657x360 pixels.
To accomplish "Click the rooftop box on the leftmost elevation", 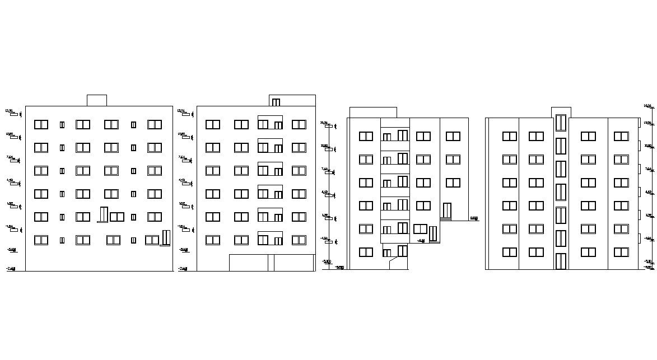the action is [x=96, y=100].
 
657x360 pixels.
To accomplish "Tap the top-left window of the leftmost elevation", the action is [x=41, y=124].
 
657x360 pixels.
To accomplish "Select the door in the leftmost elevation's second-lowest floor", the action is [x=102, y=214].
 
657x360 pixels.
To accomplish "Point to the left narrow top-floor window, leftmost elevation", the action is [x=62, y=125].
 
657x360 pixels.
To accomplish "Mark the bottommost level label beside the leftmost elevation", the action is [x=11, y=269].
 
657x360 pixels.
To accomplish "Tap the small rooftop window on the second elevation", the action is [x=276, y=102].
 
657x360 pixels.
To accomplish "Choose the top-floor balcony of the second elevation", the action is [x=270, y=122].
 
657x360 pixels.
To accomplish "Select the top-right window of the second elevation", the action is [x=299, y=124].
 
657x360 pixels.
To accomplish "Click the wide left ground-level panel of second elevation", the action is [x=249, y=263].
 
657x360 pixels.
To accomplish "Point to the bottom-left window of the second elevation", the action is [x=212, y=240].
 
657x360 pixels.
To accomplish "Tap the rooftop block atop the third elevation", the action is [x=372, y=113].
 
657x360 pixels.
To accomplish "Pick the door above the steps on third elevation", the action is [x=446, y=211].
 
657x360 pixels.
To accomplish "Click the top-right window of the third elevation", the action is [x=453, y=136].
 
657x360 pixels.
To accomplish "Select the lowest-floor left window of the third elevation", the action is [x=366, y=252].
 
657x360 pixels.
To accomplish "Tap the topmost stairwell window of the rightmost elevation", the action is [x=561, y=123].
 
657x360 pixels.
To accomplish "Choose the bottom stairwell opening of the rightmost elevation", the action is [x=561, y=261].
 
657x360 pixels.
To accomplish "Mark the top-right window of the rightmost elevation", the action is [x=621, y=136].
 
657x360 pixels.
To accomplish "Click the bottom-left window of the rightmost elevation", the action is [x=509, y=252].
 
